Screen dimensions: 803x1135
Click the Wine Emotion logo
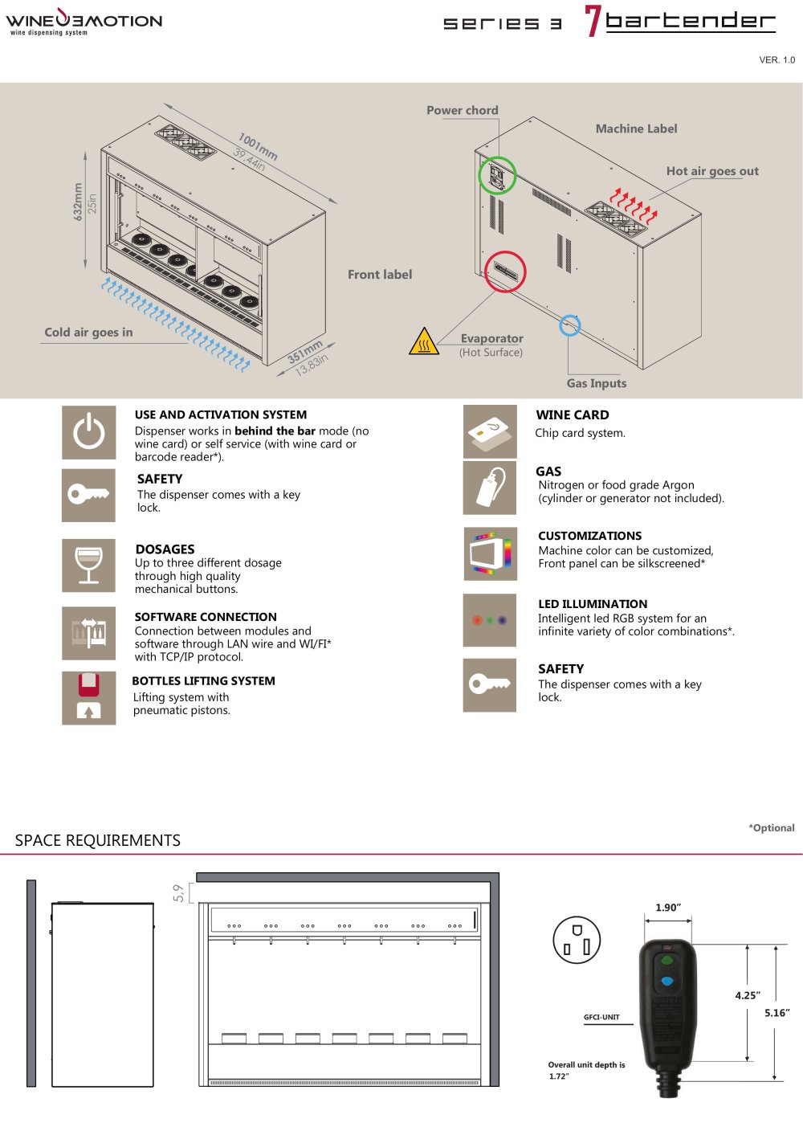(x=84, y=21)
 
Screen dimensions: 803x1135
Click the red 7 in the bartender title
(x=593, y=21)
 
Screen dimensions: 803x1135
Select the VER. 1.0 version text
(x=777, y=59)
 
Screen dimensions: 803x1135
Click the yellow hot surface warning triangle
(x=423, y=341)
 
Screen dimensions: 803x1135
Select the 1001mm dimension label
(x=258, y=146)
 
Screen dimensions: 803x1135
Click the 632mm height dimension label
(x=78, y=202)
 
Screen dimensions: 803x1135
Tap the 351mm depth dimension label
(x=305, y=352)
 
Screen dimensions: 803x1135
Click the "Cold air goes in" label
(x=88, y=333)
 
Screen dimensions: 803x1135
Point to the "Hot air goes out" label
(x=712, y=171)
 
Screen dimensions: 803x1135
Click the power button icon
(x=88, y=432)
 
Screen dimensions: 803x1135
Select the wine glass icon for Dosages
(x=88, y=565)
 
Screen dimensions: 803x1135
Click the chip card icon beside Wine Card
(x=490, y=431)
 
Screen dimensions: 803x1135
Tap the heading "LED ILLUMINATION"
(x=593, y=604)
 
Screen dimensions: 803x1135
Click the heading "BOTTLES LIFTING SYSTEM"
(x=204, y=681)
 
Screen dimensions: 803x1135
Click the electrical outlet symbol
(x=577, y=940)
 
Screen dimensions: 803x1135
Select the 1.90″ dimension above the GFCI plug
(x=668, y=908)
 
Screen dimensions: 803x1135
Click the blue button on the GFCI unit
(x=667, y=982)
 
